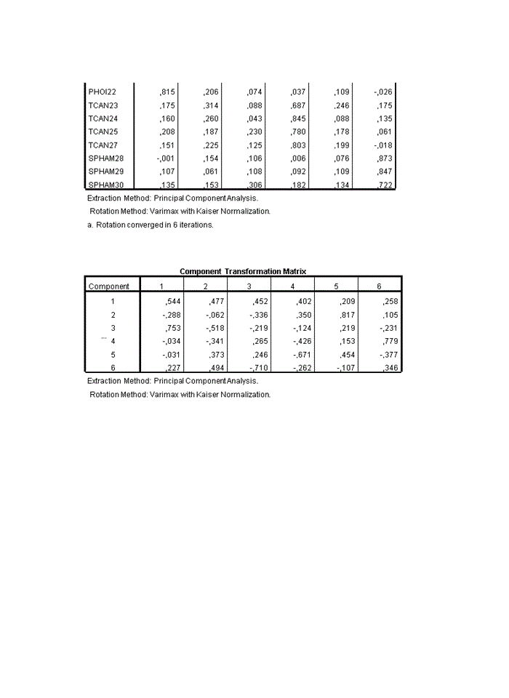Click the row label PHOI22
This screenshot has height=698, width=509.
click(x=102, y=92)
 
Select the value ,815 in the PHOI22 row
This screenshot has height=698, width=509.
click(x=165, y=92)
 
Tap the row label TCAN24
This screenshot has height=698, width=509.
click(x=103, y=119)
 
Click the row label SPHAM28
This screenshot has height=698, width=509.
click(x=106, y=158)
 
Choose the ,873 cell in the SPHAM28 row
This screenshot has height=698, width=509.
click(x=384, y=158)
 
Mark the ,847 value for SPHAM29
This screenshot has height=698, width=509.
click(x=384, y=171)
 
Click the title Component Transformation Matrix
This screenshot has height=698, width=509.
click(x=243, y=271)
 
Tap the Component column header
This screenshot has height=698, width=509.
click(x=109, y=286)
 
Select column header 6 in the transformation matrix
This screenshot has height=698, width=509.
click(x=379, y=286)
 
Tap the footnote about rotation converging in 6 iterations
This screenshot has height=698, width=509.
click(x=150, y=225)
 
